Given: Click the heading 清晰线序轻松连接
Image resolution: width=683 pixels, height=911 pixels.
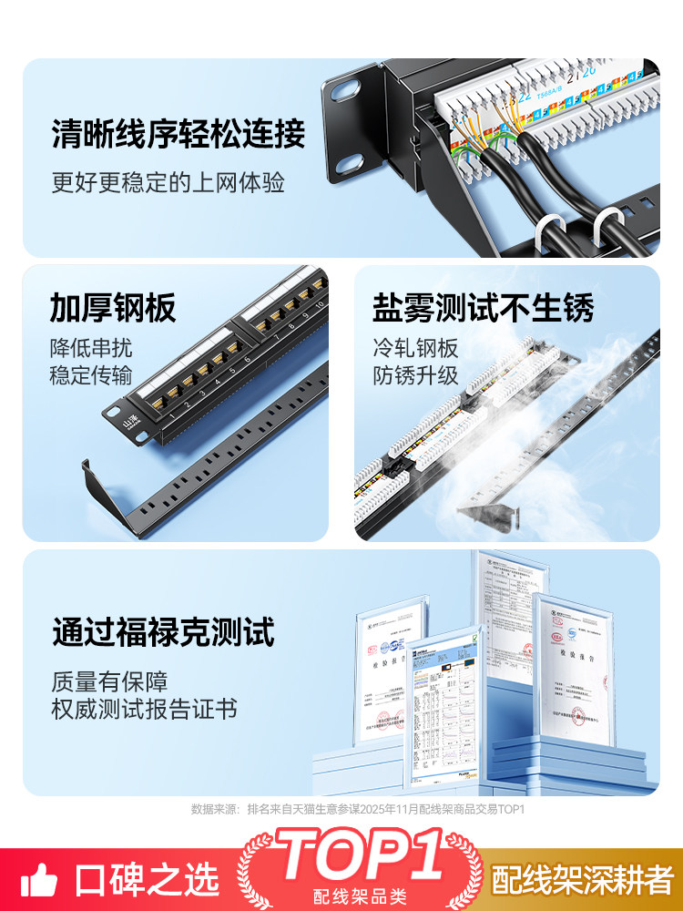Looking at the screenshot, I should point(178,134).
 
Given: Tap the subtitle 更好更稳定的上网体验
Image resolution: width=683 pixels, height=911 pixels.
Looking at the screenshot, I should point(168,182).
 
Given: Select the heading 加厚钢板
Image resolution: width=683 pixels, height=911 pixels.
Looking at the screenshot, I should point(113,309).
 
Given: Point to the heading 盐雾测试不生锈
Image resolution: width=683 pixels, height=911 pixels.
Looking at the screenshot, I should point(483,309).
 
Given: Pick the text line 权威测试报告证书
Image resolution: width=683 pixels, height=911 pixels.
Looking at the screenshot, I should point(144,709).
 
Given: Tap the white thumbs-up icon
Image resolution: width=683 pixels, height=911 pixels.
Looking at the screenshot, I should point(38,879).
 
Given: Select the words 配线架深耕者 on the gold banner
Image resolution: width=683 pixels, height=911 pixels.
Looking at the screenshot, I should point(582,880).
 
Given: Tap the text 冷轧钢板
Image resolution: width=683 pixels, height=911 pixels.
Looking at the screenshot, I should point(414,348).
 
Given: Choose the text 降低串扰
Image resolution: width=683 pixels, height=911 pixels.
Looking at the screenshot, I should point(90,348).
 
